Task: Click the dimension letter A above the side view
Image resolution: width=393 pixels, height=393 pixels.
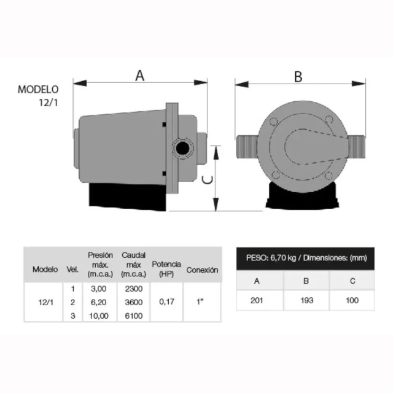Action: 140,75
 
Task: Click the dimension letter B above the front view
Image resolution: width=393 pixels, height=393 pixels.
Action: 298,77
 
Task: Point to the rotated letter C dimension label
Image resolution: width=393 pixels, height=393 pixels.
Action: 208,180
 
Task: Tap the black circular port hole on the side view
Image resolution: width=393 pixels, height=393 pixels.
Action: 182,148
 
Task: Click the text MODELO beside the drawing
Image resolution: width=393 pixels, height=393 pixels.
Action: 38,90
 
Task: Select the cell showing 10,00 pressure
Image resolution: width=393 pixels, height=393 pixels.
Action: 99,316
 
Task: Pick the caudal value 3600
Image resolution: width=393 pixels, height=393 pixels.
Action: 134,302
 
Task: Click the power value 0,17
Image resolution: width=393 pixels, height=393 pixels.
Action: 166,302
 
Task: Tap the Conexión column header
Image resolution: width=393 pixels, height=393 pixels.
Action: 202,270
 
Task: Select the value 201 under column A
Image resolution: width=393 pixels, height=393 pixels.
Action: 257,300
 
